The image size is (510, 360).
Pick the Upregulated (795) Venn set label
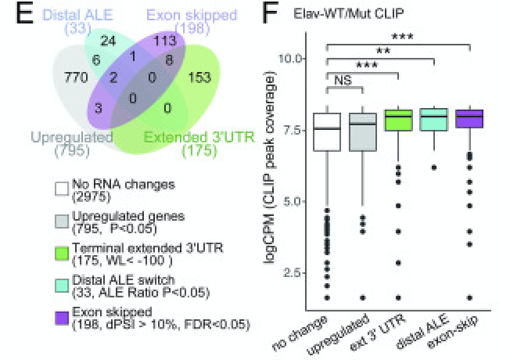click(68, 143)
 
